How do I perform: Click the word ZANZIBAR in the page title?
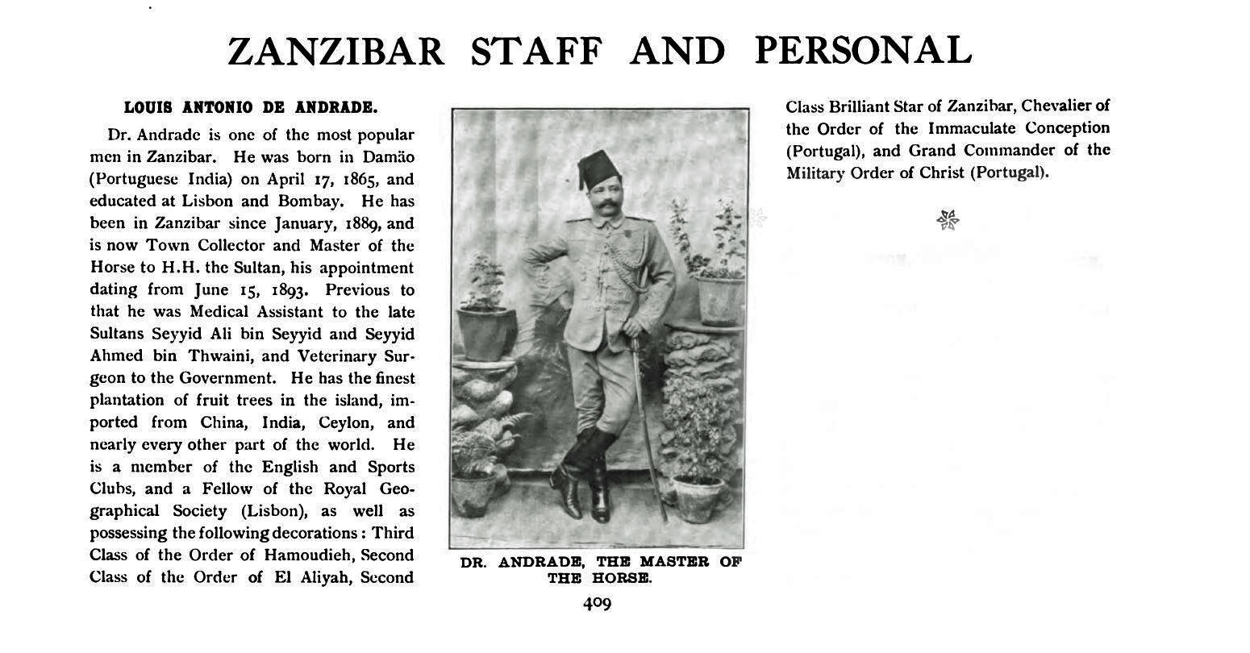[335, 52]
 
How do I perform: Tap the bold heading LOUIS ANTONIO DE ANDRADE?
[250, 106]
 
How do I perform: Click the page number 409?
[598, 603]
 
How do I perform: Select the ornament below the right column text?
[948, 218]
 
